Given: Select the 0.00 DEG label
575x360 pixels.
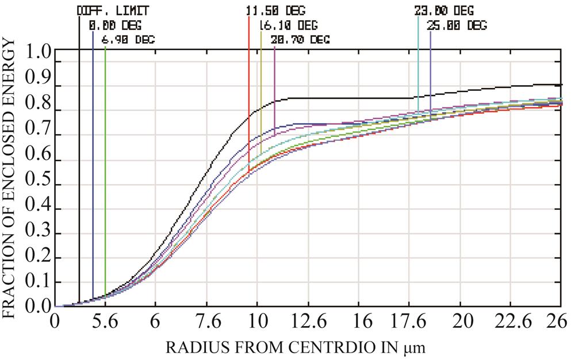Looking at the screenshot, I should [x=114, y=25].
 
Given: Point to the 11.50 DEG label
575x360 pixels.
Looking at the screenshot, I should [x=274, y=11].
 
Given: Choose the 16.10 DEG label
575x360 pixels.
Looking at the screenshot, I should [x=288, y=25].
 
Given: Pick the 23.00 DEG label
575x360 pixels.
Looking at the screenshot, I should [x=444, y=11].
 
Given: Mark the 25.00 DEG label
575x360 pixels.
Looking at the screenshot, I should [x=457, y=25].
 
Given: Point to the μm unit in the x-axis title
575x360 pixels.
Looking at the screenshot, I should [x=415, y=347].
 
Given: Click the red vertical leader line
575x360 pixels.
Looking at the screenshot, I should [x=248, y=86].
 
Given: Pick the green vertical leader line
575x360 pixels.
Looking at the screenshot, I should [x=105, y=173].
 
